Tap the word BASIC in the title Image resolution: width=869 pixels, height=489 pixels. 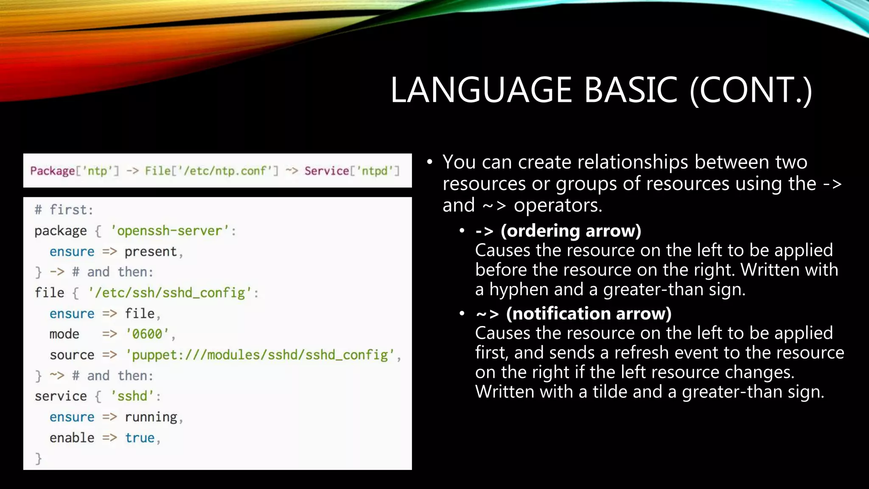631,90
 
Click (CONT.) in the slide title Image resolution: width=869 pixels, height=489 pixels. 751,90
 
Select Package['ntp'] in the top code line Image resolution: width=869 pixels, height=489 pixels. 75,171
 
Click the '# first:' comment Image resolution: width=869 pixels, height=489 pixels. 64,210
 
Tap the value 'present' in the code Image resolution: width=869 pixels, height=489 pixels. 151,252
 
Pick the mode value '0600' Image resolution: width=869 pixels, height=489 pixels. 147,334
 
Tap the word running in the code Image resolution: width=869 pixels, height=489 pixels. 151,417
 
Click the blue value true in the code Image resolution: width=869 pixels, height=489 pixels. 140,438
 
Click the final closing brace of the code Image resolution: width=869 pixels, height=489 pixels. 39,458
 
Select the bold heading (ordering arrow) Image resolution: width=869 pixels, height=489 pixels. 571,231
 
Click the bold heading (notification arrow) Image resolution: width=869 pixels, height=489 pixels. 589,314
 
